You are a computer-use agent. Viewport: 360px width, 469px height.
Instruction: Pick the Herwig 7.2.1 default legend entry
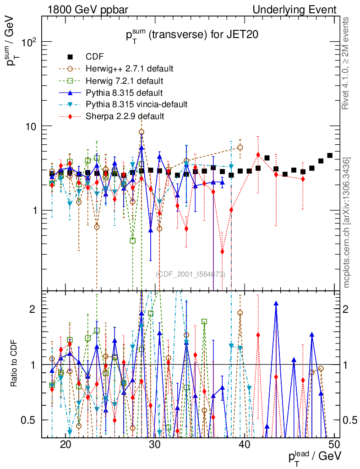pyautogui.click(x=124, y=81)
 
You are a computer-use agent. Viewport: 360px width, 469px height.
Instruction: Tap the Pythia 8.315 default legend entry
pyautogui.click(x=124, y=93)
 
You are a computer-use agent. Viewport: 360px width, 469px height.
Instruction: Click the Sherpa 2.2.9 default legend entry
pyautogui.click(x=125, y=116)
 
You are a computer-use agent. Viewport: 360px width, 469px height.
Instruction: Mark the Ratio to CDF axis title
pyautogui.click(x=14, y=365)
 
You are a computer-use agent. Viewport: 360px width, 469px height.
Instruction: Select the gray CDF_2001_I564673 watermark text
pyautogui.click(x=191, y=274)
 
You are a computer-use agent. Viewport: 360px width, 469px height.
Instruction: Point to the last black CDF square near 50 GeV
pyautogui.click(x=330, y=156)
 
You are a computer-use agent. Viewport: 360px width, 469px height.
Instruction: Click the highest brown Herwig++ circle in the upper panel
pyautogui.click(x=142, y=132)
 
